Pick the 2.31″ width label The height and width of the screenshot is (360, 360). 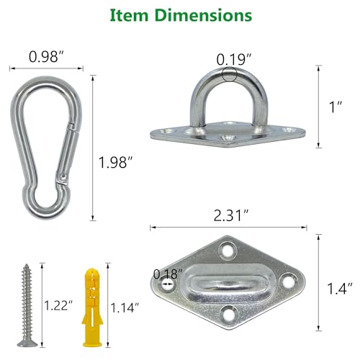tap(228, 214)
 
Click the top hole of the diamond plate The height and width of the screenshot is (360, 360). tap(230, 250)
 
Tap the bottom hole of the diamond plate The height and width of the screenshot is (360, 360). tap(229, 312)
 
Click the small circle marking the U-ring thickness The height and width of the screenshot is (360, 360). tap(230, 75)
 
